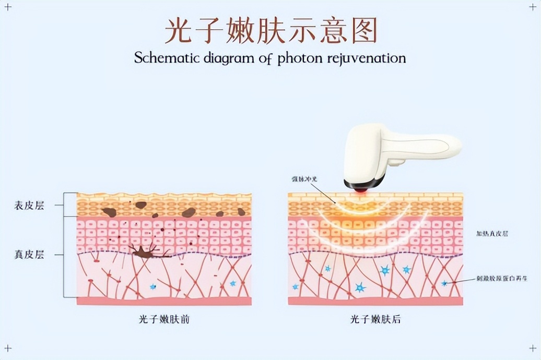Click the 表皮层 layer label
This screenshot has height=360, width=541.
[x=29, y=206]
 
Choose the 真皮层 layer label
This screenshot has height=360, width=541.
[x=29, y=255]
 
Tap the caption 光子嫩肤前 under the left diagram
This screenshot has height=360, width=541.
[x=164, y=319]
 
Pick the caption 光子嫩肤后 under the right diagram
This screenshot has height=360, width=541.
[x=375, y=319]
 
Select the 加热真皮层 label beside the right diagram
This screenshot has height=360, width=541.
[x=492, y=234]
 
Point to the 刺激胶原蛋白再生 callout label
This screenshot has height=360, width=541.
[x=502, y=279]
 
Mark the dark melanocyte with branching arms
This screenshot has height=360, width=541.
[x=144, y=253]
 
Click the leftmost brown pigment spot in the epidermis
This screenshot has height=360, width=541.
[x=109, y=212]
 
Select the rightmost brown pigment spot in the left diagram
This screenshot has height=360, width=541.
[x=241, y=212]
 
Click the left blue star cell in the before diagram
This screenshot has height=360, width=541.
[x=153, y=286]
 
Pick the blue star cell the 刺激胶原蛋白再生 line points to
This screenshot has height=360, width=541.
[x=444, y=283]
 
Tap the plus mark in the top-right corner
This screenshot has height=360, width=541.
[x=533, y=8]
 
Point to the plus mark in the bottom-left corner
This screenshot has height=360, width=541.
[x=7, y=349]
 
